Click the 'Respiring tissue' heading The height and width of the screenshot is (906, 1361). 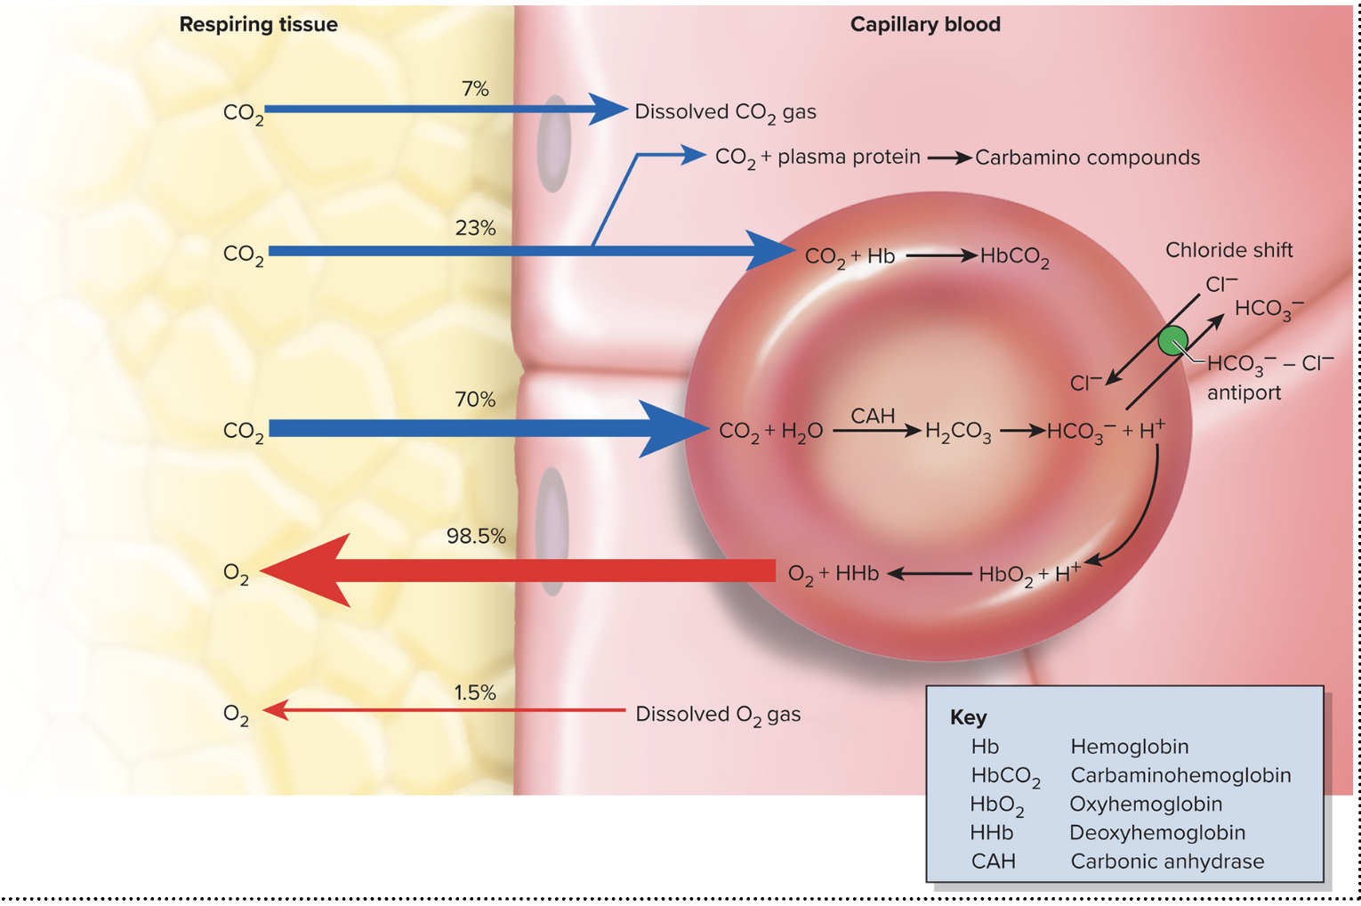coord(258,24)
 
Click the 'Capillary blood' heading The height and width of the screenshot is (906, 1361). coord(925,24)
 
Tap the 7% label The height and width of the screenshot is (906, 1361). coord(475,89)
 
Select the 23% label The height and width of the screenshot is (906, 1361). coord(475,228)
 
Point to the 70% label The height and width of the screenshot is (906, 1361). coord(475,400)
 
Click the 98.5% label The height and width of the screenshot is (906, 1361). coord(476,536)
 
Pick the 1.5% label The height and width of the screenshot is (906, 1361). coord(475,692)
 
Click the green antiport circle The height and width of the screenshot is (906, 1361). coord(1173,341)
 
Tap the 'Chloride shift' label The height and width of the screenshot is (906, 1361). coord(1228,250)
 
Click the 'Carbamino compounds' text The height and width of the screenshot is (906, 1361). coord(1087,158)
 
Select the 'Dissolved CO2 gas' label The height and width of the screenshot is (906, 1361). coord(725,112)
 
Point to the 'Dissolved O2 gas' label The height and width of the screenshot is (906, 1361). coord(718,715)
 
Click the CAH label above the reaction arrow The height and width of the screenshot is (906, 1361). coord(873,416)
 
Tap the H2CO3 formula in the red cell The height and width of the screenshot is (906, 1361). coord(958,433)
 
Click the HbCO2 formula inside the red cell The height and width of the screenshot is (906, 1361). coord(1014,257)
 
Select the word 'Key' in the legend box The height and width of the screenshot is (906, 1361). coord(968,717)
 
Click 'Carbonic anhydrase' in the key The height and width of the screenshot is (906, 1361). coord(1167,862)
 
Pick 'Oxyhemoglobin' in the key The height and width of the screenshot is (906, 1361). coord(1146,804)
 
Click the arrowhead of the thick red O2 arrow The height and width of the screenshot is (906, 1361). coord(302,570)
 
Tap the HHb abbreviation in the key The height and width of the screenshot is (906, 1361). coord(992,833)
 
